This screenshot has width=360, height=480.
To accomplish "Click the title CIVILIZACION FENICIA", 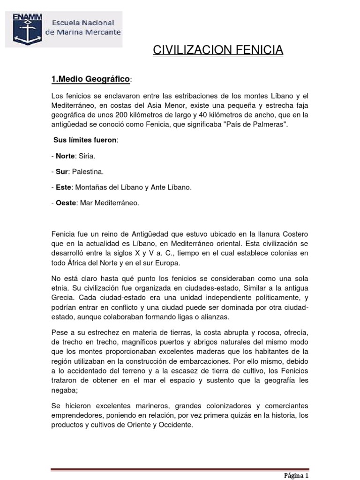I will click(218, 50).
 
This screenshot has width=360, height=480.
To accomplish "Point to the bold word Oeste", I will click(66, 203).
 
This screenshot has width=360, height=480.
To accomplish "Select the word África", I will click(72, 263).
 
